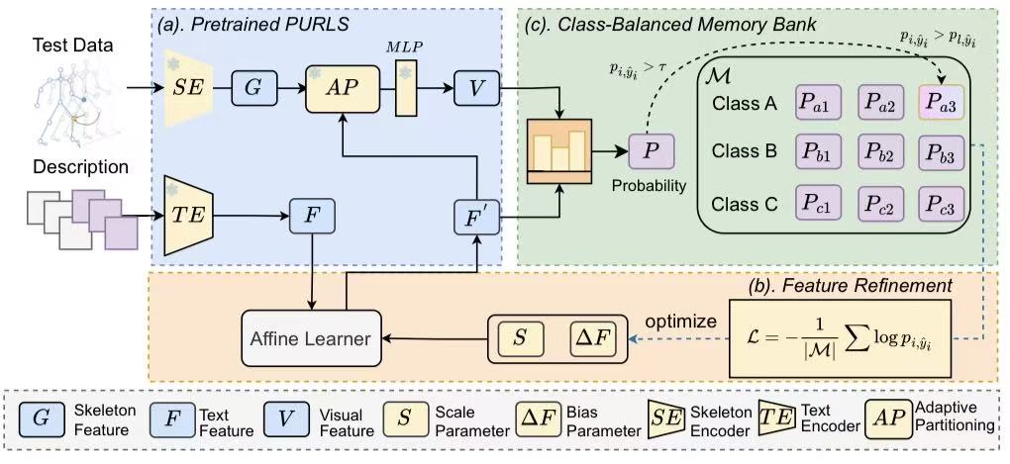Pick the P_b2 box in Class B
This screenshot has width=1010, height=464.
click(879, 151)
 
